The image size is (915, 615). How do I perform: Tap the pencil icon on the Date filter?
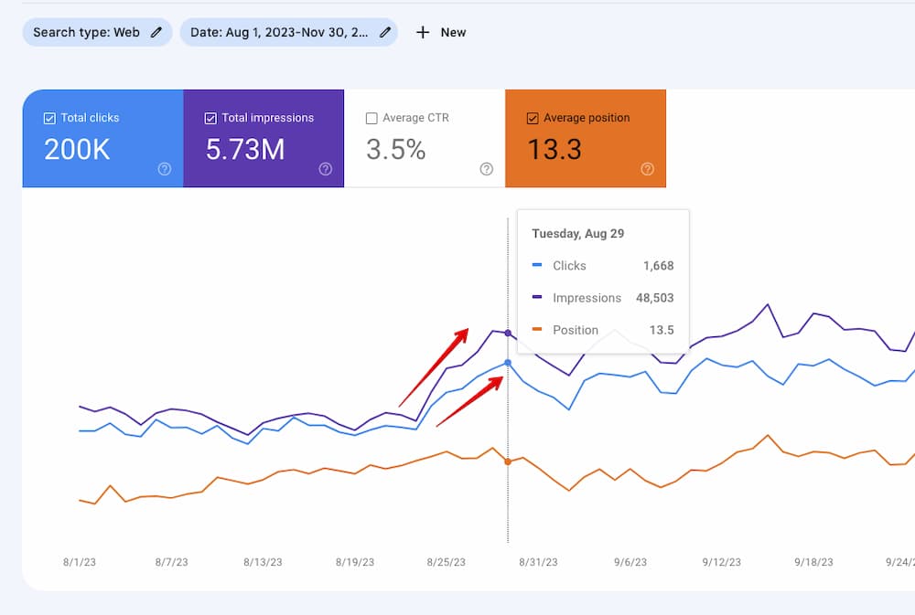pos(386,32)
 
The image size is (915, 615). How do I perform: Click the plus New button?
pos(441,32)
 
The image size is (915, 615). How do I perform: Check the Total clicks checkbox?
pos(49,118)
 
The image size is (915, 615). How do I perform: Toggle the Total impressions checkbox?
pos(210,118)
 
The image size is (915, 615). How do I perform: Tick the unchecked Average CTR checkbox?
pos(371,118)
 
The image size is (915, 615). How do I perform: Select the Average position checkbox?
pos(533,118)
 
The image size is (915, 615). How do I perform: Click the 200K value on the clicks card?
pos(77,150)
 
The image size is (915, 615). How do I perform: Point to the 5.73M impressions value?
pos(244,150)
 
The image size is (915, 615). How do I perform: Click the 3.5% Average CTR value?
pos(395,150)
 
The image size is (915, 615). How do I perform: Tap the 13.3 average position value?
pos(554,150)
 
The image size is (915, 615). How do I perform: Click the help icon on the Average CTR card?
pos(487,169)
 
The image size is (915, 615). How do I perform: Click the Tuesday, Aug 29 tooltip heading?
pos(578,234)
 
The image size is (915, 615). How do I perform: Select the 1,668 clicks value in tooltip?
pos(658,266)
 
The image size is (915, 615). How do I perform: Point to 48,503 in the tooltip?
pos(653,298)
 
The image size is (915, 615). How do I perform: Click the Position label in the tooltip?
pos(576,330)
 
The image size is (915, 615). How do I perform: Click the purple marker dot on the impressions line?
pos(508,333)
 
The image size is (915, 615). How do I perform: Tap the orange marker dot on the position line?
pos(508,461)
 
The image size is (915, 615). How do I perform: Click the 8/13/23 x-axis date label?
pos(263,563)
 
